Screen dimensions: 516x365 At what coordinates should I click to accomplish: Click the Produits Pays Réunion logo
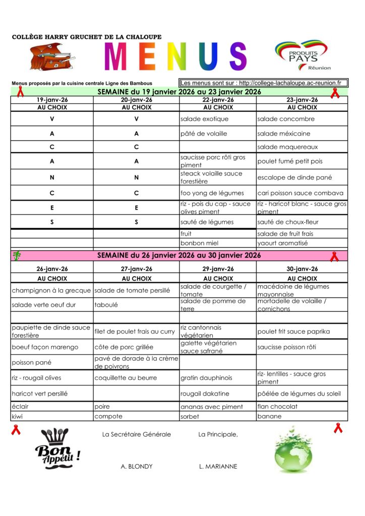[302, 55]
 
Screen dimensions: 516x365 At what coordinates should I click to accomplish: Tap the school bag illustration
[52, 56]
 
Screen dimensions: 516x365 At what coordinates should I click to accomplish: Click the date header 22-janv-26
[218, 100]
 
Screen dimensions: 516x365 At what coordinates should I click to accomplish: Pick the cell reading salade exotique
[204, 119]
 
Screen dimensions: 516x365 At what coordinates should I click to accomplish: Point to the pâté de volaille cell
[204, 134]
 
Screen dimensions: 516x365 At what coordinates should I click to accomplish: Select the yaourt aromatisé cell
[282, 243]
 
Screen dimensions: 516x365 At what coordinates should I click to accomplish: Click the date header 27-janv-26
[136, 269]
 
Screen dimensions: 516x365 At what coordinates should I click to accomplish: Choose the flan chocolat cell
[277, 406]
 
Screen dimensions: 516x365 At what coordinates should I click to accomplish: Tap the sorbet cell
[190, 417]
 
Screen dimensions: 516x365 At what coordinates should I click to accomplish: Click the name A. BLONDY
[136, 467]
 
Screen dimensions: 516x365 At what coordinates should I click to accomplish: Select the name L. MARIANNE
[218, 467]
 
